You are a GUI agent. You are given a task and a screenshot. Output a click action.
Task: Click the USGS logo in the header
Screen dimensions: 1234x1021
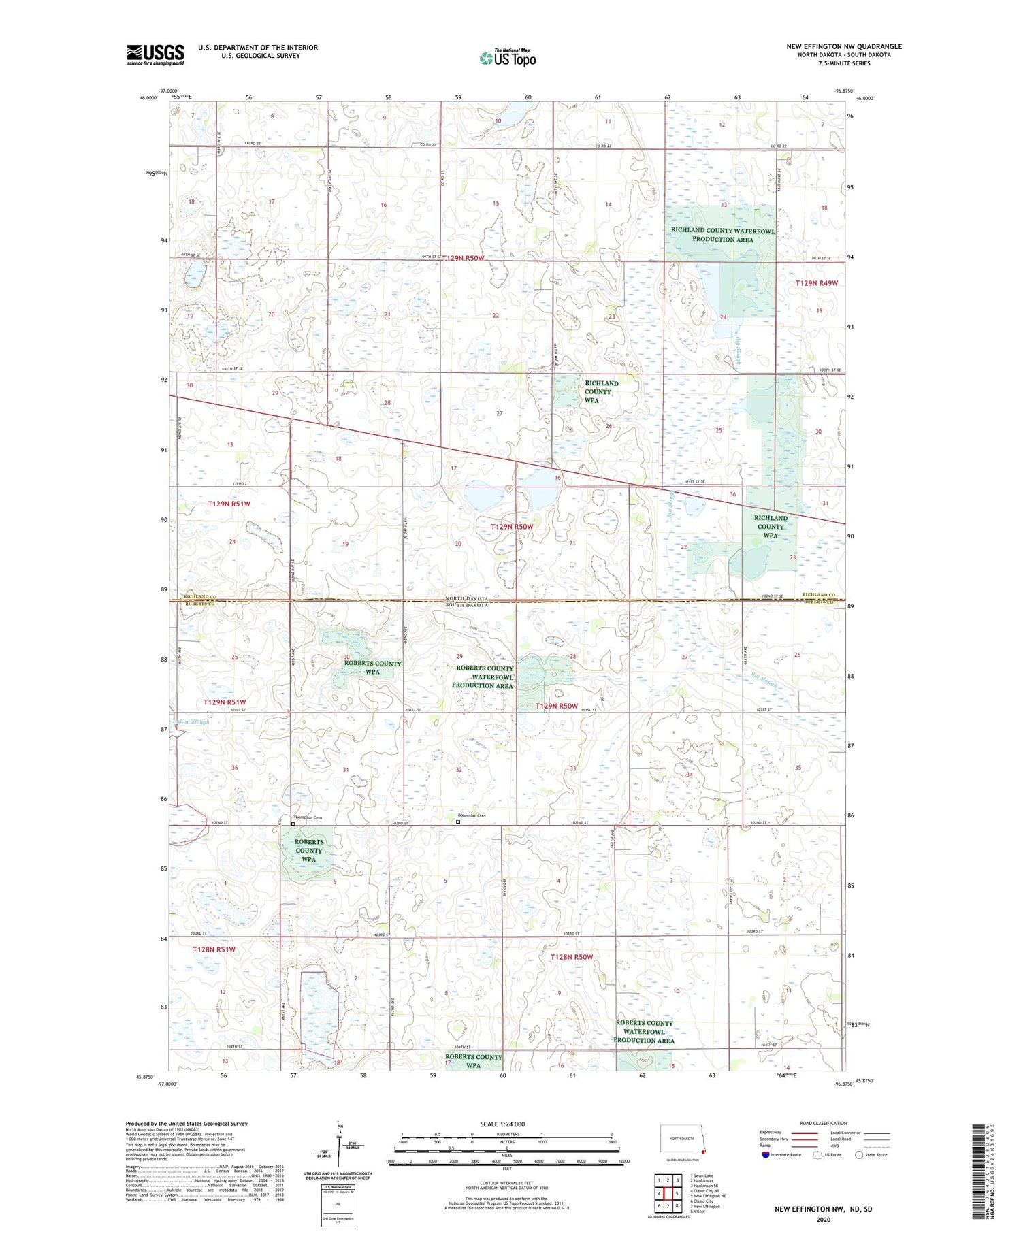tap(155, 54)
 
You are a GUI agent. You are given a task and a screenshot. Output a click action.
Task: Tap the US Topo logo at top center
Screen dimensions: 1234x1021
tap(508, 58)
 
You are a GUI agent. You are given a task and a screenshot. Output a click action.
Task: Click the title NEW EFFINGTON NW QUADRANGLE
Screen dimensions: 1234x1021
tap(844, 46)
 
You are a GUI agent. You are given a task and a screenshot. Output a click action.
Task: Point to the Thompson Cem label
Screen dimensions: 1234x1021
tap(307, 817)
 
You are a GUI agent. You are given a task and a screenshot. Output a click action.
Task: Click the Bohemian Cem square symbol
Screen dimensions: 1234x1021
tap(458, 822)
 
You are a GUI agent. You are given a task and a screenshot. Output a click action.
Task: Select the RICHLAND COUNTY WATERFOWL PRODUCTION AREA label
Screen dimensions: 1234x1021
tap(722, 235)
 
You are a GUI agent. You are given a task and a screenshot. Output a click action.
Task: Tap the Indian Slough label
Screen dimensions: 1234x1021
tap(191, 721)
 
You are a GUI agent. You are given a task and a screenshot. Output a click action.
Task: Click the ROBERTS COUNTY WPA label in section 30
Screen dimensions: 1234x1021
tap(372, 667)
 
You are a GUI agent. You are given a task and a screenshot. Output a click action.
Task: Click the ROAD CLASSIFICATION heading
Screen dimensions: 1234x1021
tap(824, 1123)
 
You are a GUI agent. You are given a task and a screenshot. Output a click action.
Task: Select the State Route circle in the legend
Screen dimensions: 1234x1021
tap(859, 1154)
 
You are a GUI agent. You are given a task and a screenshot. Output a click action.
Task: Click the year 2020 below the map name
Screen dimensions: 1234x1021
tap(824, 1219)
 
